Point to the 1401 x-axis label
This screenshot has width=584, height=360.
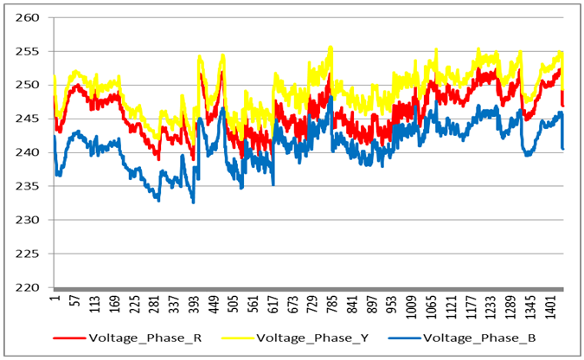pyautogui.click(x=550, y=307)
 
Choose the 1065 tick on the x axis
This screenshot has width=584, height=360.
pyautogui.click(x=429, y=307)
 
